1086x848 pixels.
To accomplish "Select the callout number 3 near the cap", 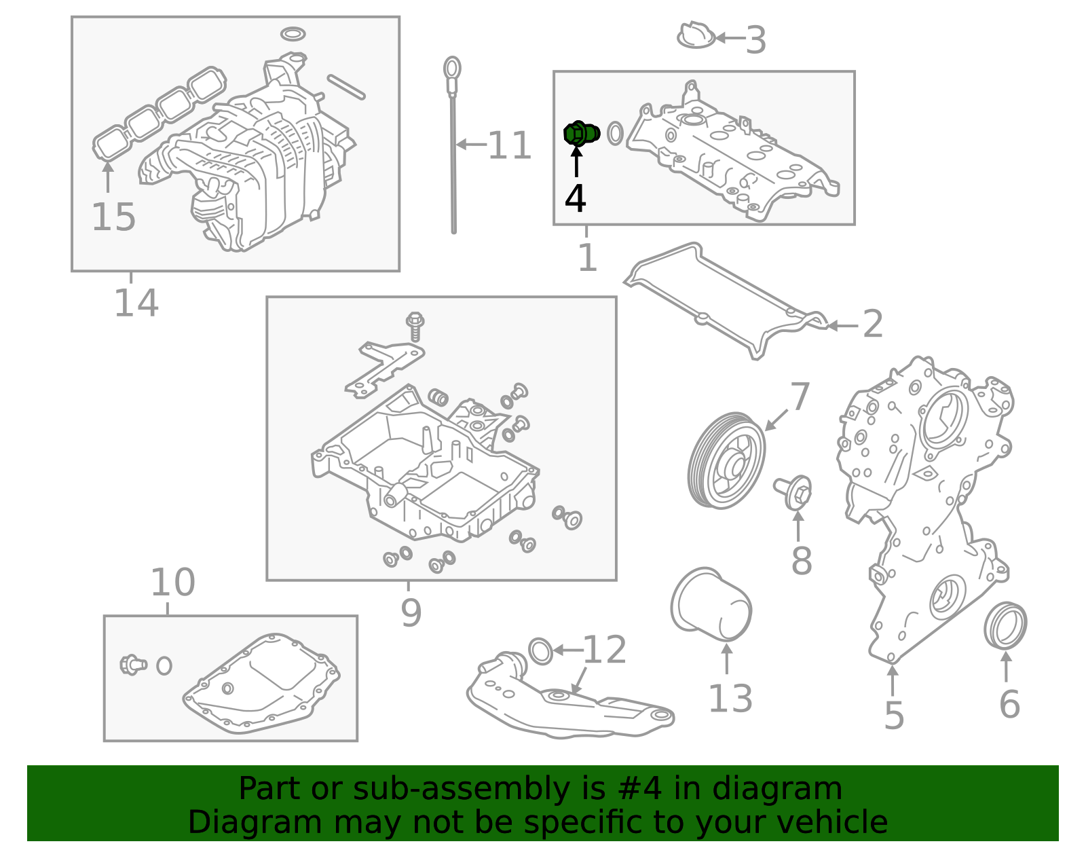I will (755, 40).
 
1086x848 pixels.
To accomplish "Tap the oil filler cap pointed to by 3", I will (696, 35).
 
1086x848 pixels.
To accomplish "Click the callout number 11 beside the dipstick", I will (509, 145).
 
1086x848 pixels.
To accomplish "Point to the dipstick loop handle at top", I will (452, 69).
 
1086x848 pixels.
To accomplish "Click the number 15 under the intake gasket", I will (113, 217).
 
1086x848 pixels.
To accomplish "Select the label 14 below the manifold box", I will (136, 303).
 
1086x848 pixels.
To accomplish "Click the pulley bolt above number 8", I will (794, 492).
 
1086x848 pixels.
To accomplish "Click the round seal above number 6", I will (1005, 625).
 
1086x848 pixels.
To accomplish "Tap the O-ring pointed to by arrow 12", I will (540, 651).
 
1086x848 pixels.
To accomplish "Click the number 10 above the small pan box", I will (172, 583).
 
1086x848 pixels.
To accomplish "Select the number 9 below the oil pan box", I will (411, 612).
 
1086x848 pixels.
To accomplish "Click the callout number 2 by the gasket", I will (873, 324).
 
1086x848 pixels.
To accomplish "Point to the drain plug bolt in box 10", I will (133, 664).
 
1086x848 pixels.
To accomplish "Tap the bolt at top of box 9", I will (415, 325).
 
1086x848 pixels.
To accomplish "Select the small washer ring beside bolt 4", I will (615, 133).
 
